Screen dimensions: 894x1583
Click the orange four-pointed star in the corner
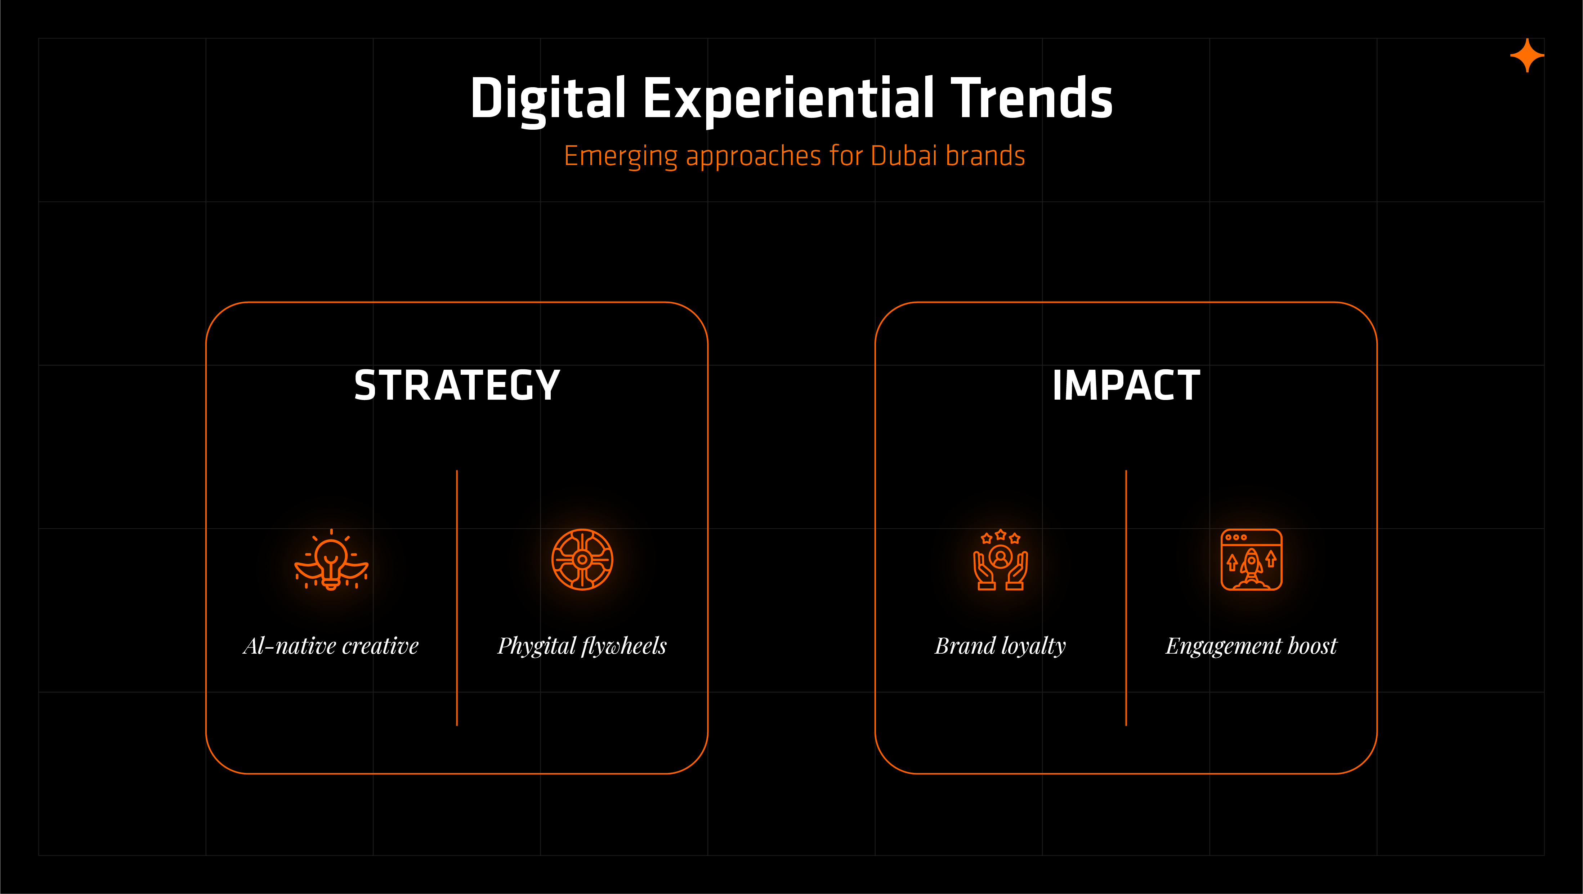[x=1527, y=56]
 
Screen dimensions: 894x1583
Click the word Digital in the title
[x=548, y=98]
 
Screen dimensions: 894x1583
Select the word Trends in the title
[x=1032, y=98]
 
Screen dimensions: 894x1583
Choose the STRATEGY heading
[x=457, y=386]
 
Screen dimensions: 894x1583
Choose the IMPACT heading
[x=1126, y=386]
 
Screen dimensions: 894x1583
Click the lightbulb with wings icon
[x=331, y=560]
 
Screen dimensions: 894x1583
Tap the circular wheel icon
[x=582, y=560]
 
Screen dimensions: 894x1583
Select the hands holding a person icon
[x=1001, y=560]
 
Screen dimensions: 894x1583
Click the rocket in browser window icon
[x=1251, y=560]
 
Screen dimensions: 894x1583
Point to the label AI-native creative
[x=331, y=646]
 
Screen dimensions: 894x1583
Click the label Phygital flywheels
[x=582, y=646]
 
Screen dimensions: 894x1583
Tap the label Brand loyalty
[x=1001, y=646]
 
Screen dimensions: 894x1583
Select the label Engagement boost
[x=1251, y=646]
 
